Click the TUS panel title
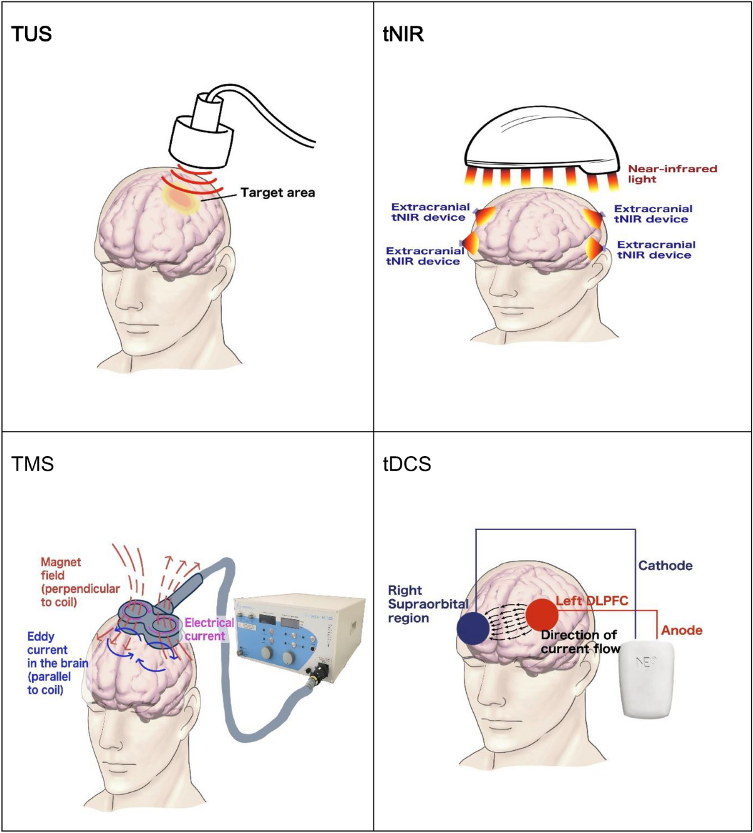pos(31,34)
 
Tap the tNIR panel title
pos(403,34)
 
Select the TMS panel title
pos(33,464)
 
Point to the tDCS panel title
pos(407,464)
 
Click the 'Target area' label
pos(277,193)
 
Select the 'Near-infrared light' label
pos(671,174)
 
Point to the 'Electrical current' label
pos(209,629)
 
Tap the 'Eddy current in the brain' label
pos(57,663)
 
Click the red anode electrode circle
pos(542,614)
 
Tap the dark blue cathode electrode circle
pos(473,629)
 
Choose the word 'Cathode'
pos(665,565)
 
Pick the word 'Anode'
pos(681,630)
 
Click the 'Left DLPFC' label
pos(592,601)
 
